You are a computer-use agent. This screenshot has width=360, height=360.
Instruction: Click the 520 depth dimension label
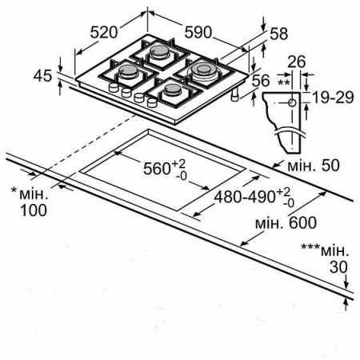[104, 32]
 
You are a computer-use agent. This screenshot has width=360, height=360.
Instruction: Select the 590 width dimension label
[198, 32]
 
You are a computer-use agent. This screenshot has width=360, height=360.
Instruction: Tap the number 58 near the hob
[279, 34]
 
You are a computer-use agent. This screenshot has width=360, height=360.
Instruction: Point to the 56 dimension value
[261, 81]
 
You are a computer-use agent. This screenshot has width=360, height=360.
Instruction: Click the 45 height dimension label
[42, 76]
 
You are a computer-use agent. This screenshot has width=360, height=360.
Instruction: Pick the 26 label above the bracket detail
[297, 62]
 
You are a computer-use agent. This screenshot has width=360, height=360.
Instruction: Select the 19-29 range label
[333, 98]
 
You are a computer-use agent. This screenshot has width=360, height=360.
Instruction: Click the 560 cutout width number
[157, 169]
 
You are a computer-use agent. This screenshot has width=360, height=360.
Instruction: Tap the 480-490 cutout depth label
[245, 197]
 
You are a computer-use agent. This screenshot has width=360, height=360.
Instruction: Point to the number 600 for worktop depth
[303, 222]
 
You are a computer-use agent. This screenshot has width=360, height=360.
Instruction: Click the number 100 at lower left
[34, 210]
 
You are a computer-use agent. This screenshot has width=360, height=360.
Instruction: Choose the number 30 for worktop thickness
[338, 266]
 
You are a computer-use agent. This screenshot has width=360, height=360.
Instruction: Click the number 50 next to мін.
[330, 165]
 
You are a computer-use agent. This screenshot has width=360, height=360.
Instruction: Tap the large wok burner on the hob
[203, 70]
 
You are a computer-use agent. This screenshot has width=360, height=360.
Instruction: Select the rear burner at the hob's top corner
[158, 52]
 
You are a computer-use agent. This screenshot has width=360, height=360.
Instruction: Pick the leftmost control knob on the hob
[114, 87]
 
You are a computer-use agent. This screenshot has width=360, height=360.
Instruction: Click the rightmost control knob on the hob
[152, 102]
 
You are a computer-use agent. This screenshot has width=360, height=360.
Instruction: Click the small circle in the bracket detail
[293, 102]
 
